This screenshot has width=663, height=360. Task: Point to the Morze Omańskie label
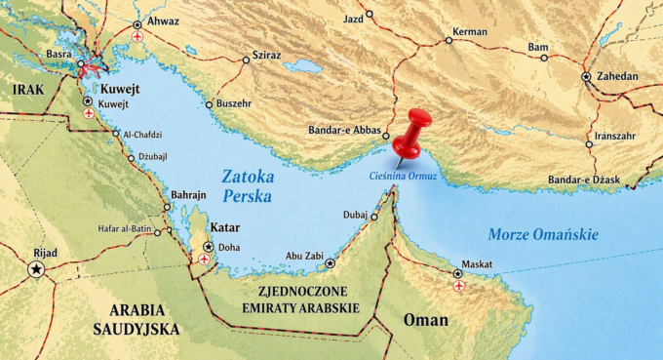pyautogui.click(x=543, y=234)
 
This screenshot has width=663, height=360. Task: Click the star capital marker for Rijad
pyautogui.click(x=37, y=268)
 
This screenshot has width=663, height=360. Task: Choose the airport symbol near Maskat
pyautogui.click(x=458, y=287)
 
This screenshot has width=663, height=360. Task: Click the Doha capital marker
pyautogui.click(x=209, y=247)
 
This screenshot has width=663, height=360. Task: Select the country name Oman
pyautogui.click(x=426, y=319)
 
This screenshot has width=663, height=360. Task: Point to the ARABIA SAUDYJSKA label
pyautogui.click(x=133, y=321)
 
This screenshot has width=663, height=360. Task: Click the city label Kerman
pyautogui.click(x=471, y=32)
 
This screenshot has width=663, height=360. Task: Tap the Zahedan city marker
pyautogui.click(x=586, y=76)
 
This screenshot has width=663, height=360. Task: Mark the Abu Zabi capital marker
pyautogui.click(x=331, y=263)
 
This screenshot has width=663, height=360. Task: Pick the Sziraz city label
pyautogui.click(x=266, y=56)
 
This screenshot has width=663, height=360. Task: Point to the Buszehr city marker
pyautogui.click(x=209, y=104)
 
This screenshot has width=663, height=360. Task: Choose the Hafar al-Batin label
pyautogui.click(x=124, y=229)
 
